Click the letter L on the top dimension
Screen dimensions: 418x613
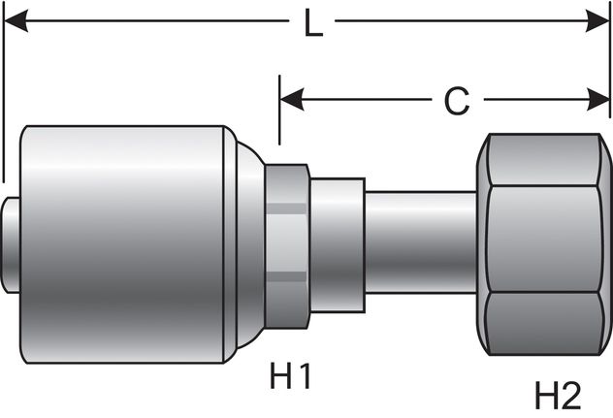pos(312,23)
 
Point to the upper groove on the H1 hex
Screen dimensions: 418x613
pos(286,206)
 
